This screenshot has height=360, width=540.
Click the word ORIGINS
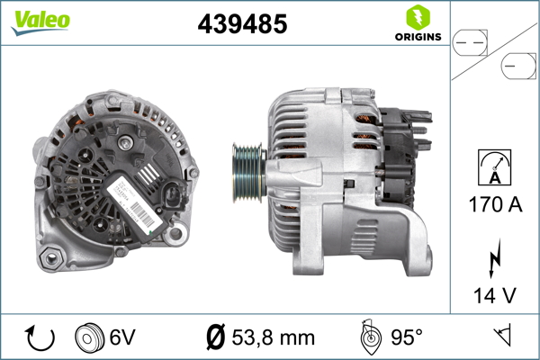click(417, 37)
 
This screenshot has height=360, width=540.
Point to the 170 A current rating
click(495, 204)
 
